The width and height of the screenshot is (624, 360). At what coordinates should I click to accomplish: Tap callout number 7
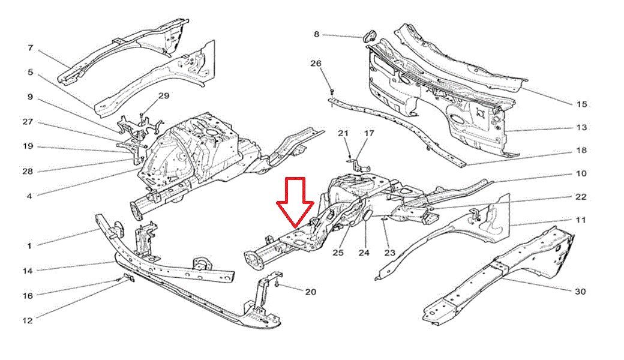30,48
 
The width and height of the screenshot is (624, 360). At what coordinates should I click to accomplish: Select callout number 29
164,95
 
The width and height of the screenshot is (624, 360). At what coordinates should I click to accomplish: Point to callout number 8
316,34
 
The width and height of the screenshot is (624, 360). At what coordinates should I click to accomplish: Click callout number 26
316,63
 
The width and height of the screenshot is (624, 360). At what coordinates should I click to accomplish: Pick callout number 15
581,104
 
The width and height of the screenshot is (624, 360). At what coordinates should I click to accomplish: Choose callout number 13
581,127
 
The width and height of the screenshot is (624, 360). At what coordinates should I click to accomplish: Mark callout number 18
581,151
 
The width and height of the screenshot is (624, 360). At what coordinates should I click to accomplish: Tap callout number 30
581,292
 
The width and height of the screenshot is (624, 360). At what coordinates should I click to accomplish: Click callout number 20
310,292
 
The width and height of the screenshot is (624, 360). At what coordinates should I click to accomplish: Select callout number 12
28,320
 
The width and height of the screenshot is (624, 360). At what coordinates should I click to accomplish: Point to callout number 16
28,296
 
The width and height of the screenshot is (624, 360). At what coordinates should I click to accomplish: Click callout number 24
364,253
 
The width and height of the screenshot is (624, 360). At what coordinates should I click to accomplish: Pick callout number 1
29,246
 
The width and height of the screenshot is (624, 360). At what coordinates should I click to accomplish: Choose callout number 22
581,197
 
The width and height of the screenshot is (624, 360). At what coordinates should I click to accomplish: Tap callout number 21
343,133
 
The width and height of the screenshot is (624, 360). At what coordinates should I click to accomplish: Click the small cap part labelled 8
369,35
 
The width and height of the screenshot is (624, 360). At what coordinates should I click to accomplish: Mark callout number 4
29,196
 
